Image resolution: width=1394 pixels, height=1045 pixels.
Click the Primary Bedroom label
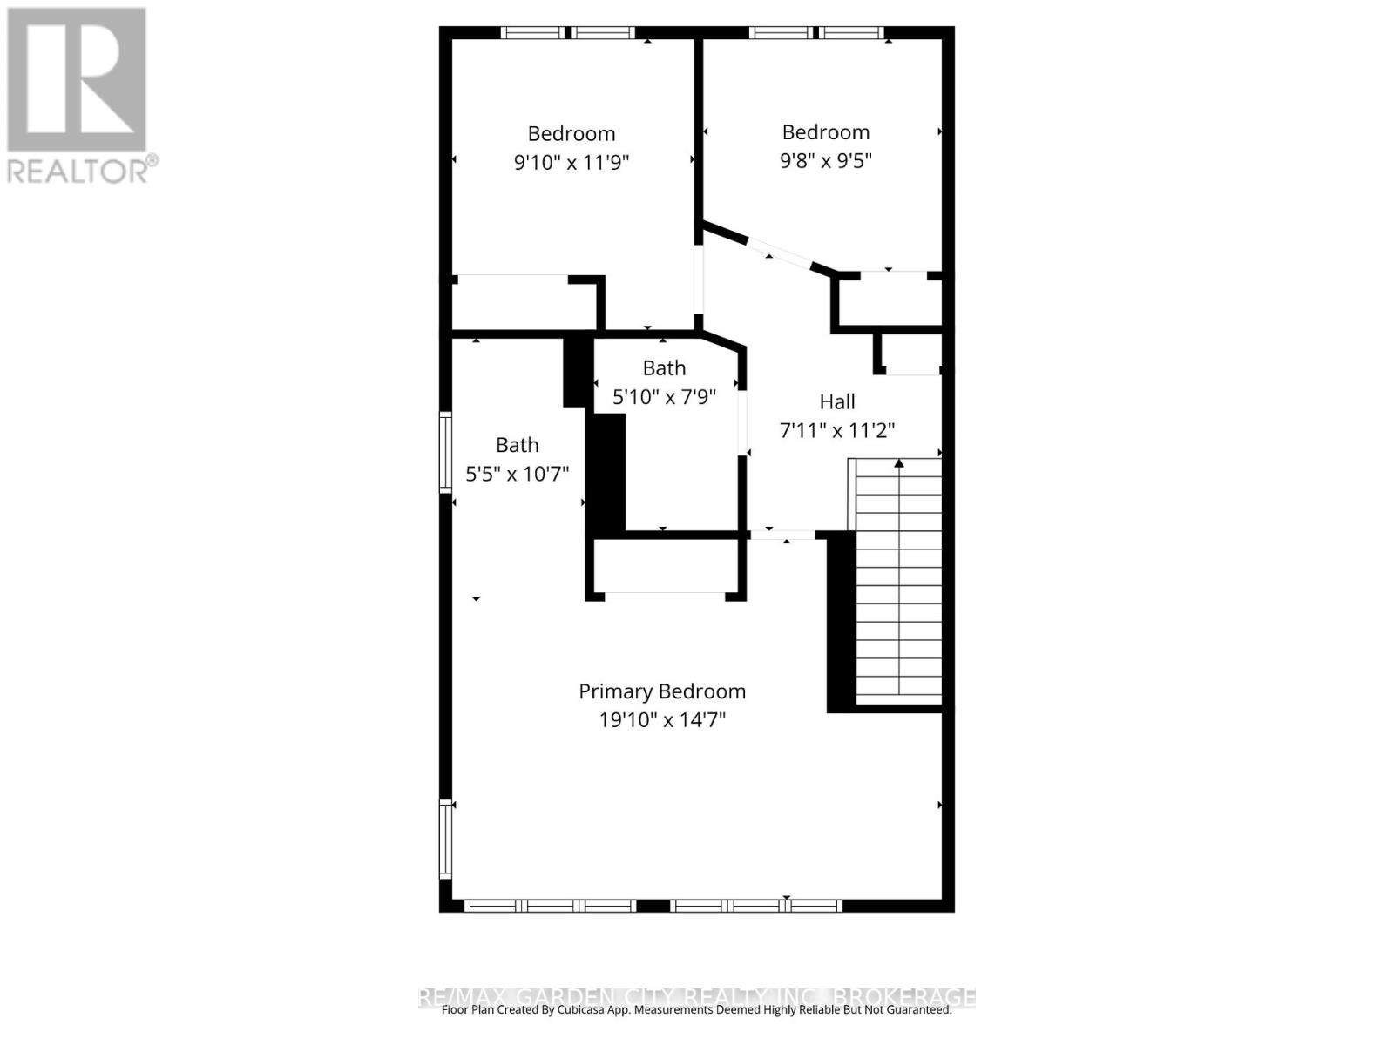tap(662, 691)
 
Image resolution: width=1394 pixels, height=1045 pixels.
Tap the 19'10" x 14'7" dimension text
tap(662, 720)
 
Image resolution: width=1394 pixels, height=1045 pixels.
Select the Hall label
tap(837, 401)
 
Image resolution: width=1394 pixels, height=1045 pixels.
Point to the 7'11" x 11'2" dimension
tap(837, 430)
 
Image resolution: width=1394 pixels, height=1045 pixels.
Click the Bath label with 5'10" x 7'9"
tap(664, 367)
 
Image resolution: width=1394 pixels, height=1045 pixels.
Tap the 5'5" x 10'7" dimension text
tap(518, 474)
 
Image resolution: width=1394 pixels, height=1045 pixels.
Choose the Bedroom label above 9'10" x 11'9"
tap(572, 133)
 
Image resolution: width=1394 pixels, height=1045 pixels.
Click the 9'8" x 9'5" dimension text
tap(826, 160)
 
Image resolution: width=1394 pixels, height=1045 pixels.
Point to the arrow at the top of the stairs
tap(899, 464)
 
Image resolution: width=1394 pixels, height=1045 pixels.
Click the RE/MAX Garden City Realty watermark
tap(697, 996)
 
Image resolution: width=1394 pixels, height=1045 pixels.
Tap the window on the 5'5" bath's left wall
tap(445, 453)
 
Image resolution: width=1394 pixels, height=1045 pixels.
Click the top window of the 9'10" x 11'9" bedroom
tap(568, 33)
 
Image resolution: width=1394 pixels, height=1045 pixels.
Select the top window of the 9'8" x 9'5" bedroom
tap(816, 33)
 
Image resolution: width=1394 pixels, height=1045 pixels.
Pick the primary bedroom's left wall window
tap(445, 838)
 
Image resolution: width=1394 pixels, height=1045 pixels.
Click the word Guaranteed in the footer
tap(917, 1010)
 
